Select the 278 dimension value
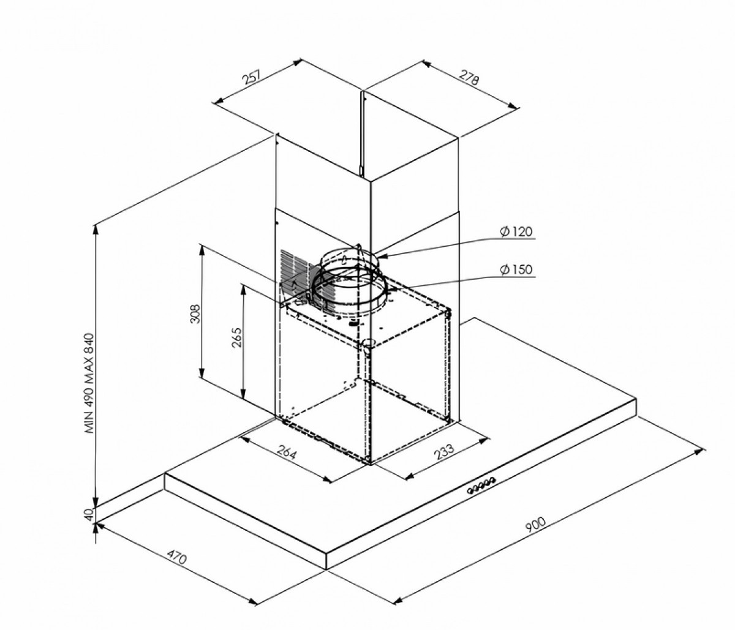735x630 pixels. (469, 77)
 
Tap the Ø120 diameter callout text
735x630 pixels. (516, 231)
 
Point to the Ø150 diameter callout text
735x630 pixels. (516, 269)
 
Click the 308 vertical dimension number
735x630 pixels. (195, 313)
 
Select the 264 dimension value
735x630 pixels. (286, 453)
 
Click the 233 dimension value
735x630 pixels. (444, 451)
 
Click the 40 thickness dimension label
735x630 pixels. (89, 514)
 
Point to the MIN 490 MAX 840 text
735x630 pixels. (89, 383)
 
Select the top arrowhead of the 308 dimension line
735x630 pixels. (202, 249)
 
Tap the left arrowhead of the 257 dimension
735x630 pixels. (218, 100)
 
